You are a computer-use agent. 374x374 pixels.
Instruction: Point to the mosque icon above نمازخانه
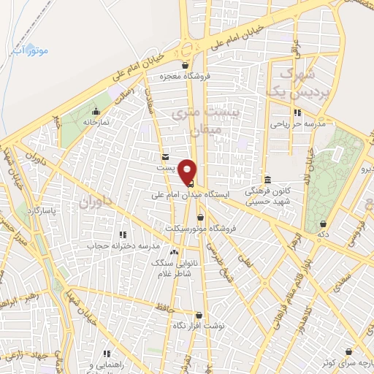tap(96, 112)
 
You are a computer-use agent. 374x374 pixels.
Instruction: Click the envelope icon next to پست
tap(166, 157)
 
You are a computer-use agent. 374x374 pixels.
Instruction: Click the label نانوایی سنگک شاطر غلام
tap(169, 267)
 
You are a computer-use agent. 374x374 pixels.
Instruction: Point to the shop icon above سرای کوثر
tap(349, 351)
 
